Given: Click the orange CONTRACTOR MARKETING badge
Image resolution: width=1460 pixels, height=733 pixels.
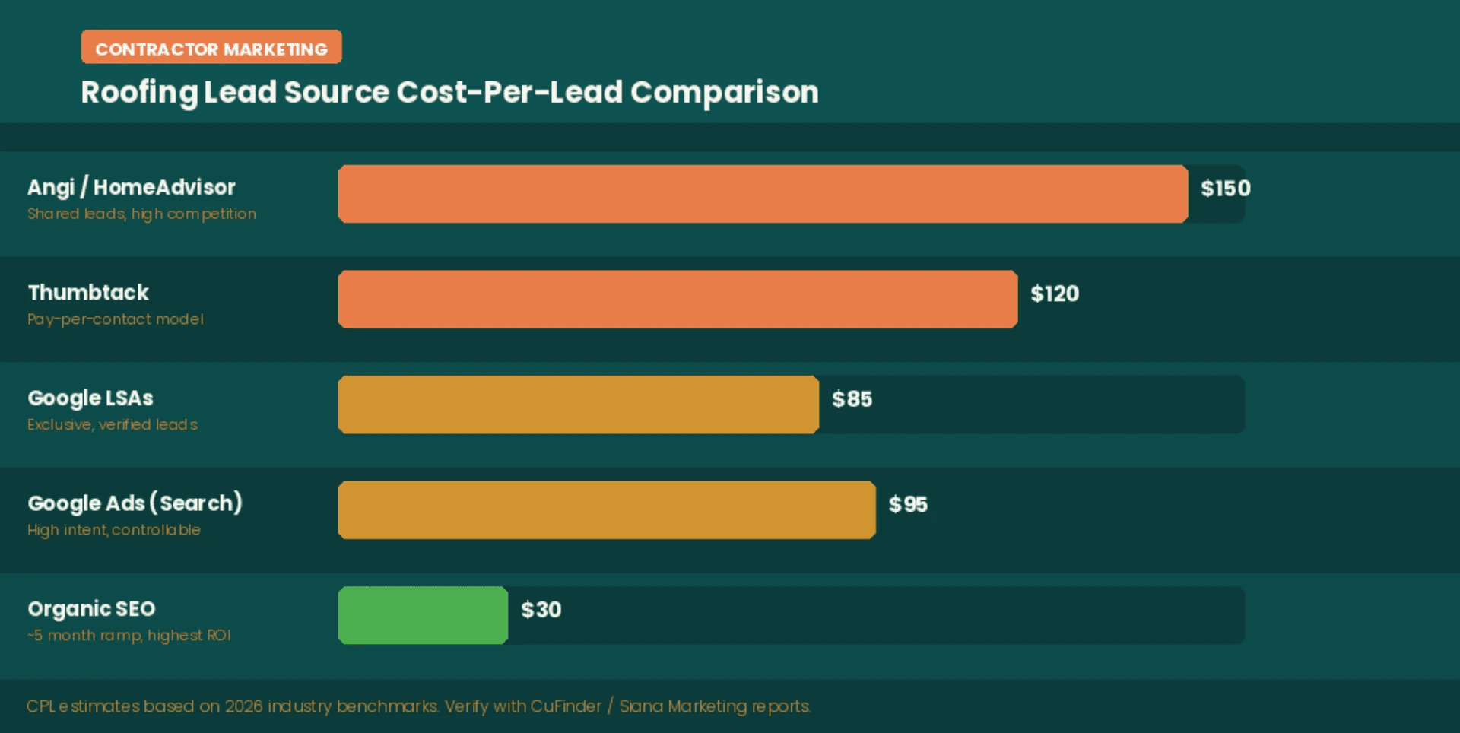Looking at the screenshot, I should pos(211,47).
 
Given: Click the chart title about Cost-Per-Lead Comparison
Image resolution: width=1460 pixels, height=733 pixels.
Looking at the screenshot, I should pos(449,92).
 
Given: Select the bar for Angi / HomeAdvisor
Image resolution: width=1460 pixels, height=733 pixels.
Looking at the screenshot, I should pos(762,194).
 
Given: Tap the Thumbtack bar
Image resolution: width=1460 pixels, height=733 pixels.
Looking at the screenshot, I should pos(677,300).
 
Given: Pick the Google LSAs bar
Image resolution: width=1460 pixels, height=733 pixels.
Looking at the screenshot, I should pos(578,405).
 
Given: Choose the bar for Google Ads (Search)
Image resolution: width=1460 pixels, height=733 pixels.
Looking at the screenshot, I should pos(606,510).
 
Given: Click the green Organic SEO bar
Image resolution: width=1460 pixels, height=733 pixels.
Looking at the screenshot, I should pos(423,615).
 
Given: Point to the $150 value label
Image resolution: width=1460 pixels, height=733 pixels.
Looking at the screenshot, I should pos(1225,189).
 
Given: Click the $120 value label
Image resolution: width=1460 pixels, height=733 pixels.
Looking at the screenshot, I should pos(1054,294).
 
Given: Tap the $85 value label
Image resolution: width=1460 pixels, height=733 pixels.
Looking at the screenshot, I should pos(852,399).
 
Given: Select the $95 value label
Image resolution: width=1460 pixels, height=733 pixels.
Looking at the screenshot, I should pos(908,504).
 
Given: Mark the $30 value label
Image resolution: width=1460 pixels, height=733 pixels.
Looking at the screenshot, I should pos(541,610).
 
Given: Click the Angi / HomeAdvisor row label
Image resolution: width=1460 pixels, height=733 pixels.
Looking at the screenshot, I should pos(132,187).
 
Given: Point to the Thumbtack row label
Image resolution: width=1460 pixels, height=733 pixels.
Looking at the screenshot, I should pos(88,293).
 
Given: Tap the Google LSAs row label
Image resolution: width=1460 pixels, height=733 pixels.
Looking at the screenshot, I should pos(90,398).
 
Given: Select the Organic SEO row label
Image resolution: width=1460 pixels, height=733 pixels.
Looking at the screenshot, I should pos(91,609).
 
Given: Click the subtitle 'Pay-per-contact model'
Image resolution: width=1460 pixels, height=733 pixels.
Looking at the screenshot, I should pos(116,319).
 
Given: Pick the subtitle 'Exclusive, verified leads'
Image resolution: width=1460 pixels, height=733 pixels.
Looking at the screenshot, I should pos(113,424).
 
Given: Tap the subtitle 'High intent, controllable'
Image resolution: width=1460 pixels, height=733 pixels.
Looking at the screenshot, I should pos(114,530).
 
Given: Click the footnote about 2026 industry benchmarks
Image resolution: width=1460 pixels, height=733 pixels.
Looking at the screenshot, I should pos(418,706).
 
